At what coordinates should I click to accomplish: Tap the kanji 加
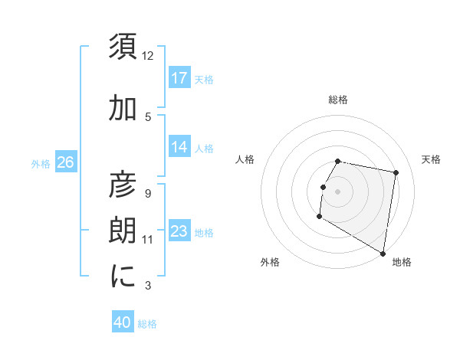pos(123,109)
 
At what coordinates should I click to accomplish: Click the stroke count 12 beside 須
pos(148,56)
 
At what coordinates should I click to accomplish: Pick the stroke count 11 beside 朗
pos(148,240)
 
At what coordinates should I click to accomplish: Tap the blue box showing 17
pos(179,78)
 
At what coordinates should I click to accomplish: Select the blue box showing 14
pos(179,147)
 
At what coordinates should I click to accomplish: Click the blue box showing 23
pos(179,231)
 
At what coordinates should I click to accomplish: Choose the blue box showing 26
pos(65,162)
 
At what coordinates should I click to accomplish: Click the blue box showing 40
pos(123,323)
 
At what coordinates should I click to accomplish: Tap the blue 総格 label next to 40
pos(147,324)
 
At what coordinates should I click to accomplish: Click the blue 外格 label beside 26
pos(41,163)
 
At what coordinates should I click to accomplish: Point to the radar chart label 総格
pos(337,100)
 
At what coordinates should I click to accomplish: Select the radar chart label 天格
pos(431,159)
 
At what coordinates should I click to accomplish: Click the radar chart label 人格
pos(245,159)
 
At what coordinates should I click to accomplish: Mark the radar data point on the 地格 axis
pos(383,254)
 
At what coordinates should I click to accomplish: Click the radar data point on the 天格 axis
pos(396,173)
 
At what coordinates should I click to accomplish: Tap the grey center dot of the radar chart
pos(337,191)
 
